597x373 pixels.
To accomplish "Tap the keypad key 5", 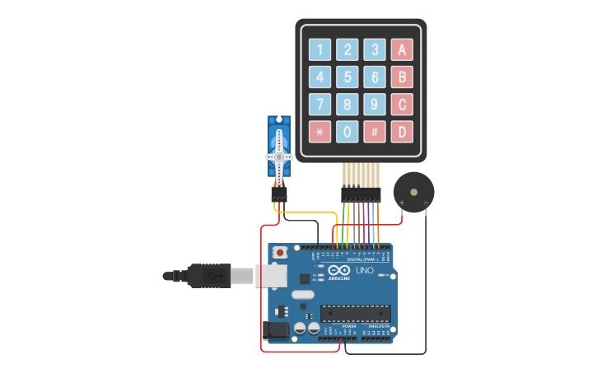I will pos(347,77).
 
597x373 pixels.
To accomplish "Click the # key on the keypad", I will pos(375,132).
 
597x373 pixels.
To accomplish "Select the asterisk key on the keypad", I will pos(320,132).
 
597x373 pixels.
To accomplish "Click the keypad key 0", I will pos(347,132).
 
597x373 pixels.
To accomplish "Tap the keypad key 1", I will pos(320,50).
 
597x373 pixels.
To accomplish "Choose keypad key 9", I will pos(375,105).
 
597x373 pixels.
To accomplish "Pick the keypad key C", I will pos(402,105).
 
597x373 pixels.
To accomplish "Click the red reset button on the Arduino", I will pos(280,251).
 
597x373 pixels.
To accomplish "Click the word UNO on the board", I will pos(364,270).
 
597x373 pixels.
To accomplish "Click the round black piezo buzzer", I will pos(414,192).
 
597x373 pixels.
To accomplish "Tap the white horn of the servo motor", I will pos(279,156).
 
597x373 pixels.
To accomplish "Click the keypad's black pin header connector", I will pos(361,194).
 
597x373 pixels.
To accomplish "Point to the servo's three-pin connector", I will pos(279,195).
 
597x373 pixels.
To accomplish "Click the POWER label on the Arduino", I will pos(349,326).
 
